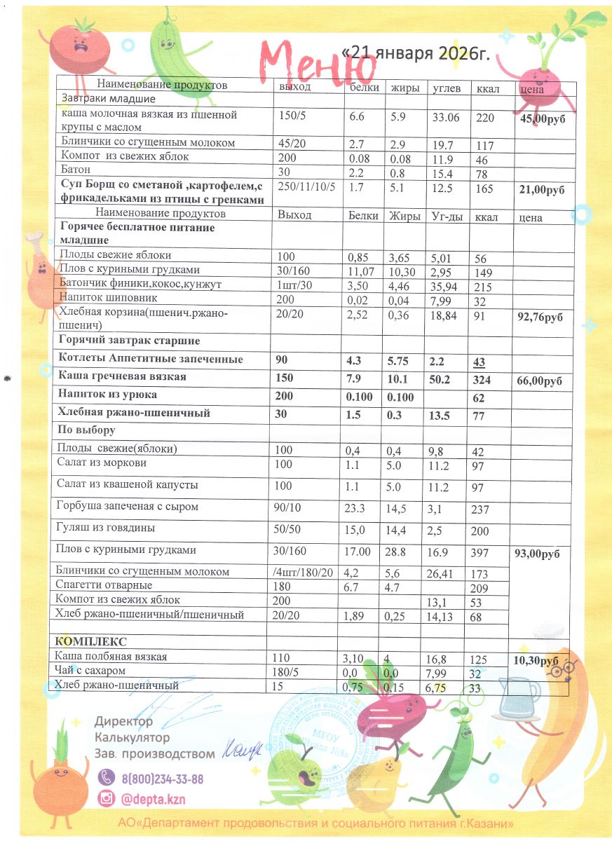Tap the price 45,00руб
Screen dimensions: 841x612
coord(543,118)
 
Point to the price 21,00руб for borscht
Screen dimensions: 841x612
coord(543,190)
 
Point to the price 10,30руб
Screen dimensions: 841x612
coord(540,661)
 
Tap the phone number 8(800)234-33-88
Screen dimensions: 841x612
coord(163,779)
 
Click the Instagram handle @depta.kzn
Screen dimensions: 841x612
coord(153,800)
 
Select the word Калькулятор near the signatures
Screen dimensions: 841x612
coord(132,738)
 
